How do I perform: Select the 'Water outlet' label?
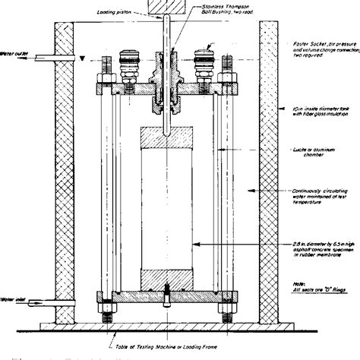[16, 53]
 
